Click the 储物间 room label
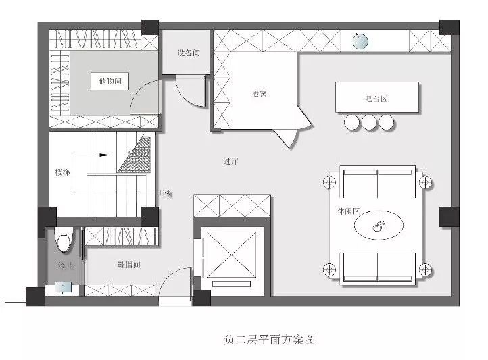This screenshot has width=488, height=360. pos(109,82)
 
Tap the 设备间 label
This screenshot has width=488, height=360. pos(189,53)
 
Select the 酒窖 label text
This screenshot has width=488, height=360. pos(259,94)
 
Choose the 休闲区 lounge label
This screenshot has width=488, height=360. pos(346,211)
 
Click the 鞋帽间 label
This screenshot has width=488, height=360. pos(128,265)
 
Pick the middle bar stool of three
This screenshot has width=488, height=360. pos(369,122)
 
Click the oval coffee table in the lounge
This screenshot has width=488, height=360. pos(379,225)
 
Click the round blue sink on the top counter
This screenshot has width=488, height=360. pos(362,42)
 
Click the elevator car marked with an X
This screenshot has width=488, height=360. pos(232,253)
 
